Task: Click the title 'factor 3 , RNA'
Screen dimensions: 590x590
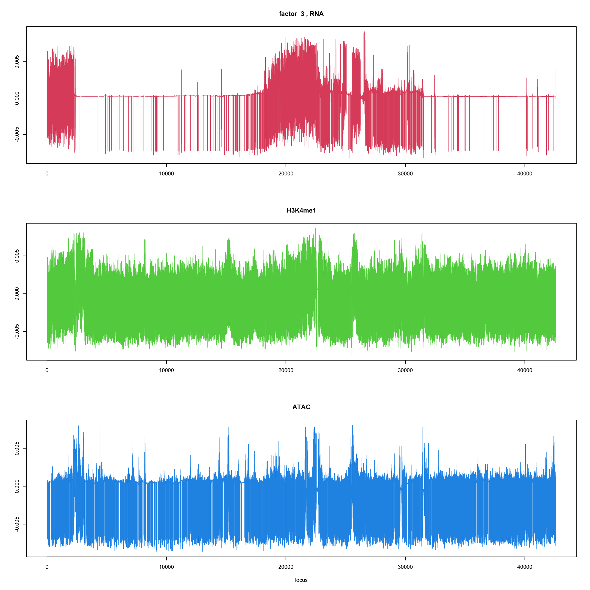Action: [301, 14]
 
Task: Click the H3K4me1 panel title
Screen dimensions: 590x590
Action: [301, 210]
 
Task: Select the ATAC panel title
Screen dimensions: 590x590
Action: [301, 407]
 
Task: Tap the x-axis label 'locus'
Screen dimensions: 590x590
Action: [301, 580]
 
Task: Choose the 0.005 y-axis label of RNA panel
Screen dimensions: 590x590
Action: [17, 62]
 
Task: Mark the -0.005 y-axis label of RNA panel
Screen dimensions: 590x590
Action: [17, 134]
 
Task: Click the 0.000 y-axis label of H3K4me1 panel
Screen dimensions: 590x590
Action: [17, 294]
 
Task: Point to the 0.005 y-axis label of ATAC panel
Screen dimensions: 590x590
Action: [17, 448]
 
